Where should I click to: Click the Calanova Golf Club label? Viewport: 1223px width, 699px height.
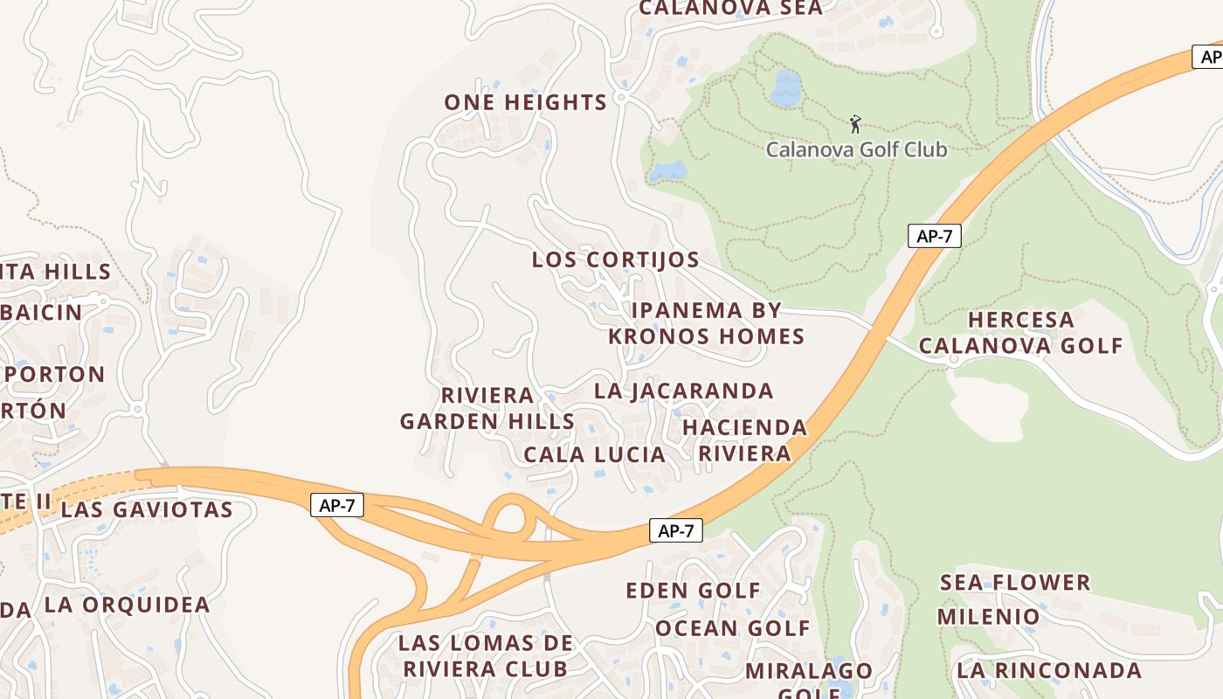click(x=856, y=149)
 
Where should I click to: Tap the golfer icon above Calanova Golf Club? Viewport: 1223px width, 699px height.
click(x=855, y=124)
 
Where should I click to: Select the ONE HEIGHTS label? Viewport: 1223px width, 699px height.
click(x=525, y=102)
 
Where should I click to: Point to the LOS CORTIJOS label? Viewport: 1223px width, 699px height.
click(x=615, y=260)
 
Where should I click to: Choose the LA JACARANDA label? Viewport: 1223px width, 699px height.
click(x=683, y=391)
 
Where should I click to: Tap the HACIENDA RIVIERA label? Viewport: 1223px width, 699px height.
click(x=744, y=440)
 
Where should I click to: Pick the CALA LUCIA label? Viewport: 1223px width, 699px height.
click(x=594, y=454)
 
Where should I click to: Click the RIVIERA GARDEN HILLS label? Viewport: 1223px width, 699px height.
click(x=487, y=408)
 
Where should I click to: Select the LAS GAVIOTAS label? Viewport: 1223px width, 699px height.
click(x=147, y=509)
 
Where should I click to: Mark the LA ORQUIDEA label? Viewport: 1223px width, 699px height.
click(x=127, y=604)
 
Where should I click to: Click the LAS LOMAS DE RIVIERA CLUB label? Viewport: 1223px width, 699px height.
click(x=485, y=655)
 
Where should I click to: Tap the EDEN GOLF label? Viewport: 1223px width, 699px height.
click(x=693, y=591)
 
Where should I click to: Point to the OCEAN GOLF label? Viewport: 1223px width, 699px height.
click(x=732, y=627)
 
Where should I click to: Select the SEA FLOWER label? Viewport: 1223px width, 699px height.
click(x=1014, y=582)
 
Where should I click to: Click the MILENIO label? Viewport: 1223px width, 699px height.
click(x=988, y=616)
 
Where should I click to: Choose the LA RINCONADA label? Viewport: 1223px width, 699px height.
click(x=1048, y=670)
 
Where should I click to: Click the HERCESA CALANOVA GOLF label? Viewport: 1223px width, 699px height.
click(x=1020, y=333)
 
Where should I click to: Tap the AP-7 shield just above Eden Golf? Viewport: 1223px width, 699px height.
click(x=675, y=530)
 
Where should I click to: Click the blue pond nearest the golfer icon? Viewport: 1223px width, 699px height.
click(x=786, y=88)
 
